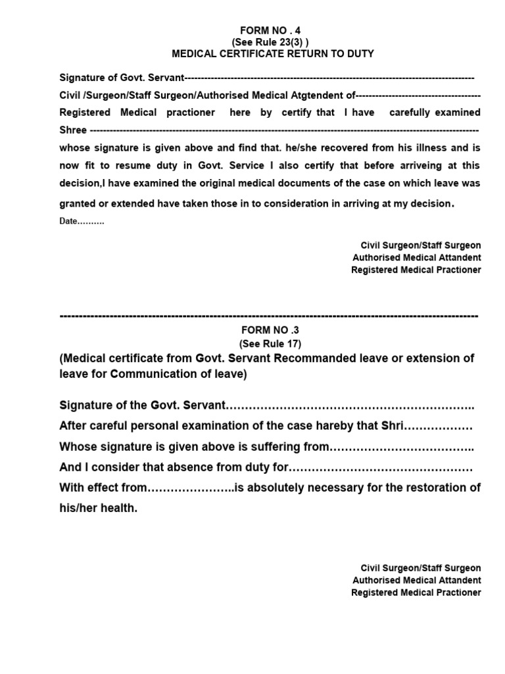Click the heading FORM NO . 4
(x=270, y=30)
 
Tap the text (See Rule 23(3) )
(x=270, y=41)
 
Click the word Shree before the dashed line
(x=73, y=130)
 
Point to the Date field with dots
(x=82, y=221)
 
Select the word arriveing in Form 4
(x=428, y=165)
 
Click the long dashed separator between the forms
(x=269, y=317)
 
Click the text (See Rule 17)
(x=270, y=344)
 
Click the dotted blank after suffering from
(x=401, y=447)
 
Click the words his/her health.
(x=99, y=508)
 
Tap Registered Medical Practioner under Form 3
(x=416, y=592)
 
